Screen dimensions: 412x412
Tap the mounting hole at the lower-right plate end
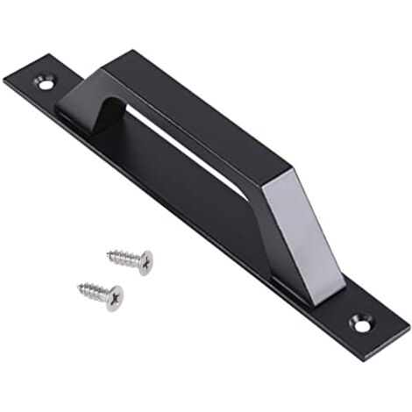click(x=360, y=323)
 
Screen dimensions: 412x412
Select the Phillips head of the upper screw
click(x=145, y=261)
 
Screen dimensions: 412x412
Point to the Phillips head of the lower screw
click(x=115, y=297)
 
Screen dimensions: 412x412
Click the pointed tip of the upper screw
click(x=108, y=255)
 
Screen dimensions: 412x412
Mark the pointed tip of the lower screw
click(x=79, y=286)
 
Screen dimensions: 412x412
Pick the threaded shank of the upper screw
click(x=124, y=258)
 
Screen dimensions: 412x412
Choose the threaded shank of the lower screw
click(x=95, y=290)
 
